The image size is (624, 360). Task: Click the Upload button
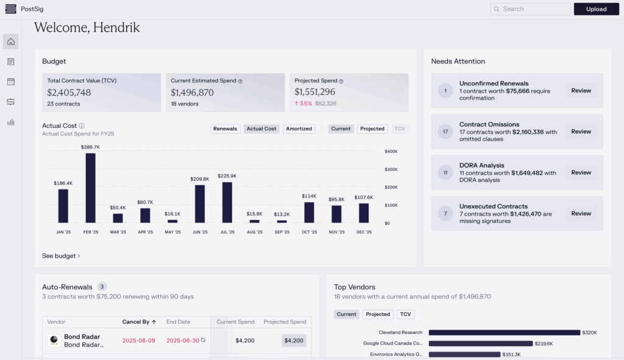tap(596, 9)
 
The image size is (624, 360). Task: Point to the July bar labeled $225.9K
tap(227, 202)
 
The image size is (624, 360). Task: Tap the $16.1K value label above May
tap(172, 214)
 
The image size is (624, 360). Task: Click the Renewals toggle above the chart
tap(225, 129)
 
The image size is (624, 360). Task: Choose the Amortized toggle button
tap(299, 129)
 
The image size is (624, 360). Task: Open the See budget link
tap(61, 256)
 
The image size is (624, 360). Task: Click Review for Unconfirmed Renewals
tap(581, 91)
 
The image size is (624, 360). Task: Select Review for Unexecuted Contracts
tap(581, 213)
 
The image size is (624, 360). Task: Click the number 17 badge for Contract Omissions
tap(445, 132)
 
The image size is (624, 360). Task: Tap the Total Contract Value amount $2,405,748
tap(69, 93)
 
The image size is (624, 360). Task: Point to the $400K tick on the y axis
tap(391, 151)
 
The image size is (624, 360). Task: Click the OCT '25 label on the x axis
tap(309, 232)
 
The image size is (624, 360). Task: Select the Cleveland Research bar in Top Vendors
tap(504, 333)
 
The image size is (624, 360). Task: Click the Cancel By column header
tap(139, 322)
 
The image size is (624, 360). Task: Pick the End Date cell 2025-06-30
tap(183, 341)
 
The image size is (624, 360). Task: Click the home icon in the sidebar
tap(10, 41)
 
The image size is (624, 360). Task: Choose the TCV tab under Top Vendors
tap(405, 314)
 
